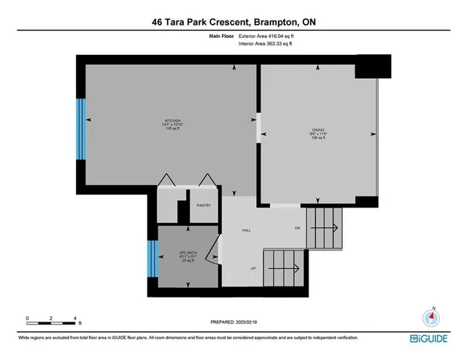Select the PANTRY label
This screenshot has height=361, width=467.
pyautogui.click(x=204, y=205)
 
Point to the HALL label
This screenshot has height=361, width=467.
pyautogui.click(x=247, y=230)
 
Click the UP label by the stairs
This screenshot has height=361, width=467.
pyautogui.click(x=253, y=269)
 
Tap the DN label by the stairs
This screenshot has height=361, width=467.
pyautogui.click(x=297, y=228)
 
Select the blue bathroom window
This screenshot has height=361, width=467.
pyautogui.click(x=153, y=259)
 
